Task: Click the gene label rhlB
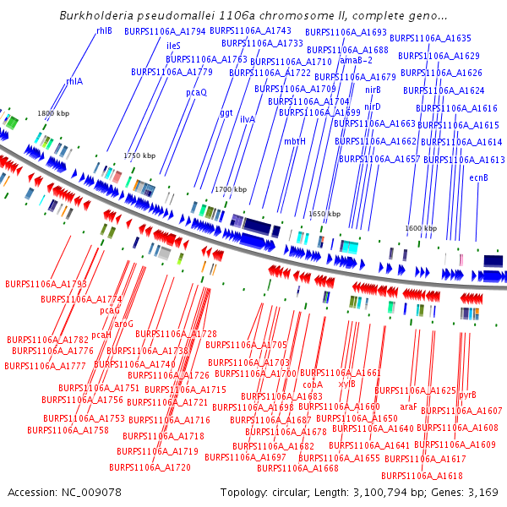pyautogui.click(x=104, y=30)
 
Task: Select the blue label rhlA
pyautogui.click(x=74, y=81)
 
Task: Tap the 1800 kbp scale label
pyautogui.click(x=52, y=113)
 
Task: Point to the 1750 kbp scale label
pyautogui.click(x=139, y=155)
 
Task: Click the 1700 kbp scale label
pyautogui.click(x=231, y=189)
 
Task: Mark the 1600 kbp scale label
pyautogui.click(x=421, y=228)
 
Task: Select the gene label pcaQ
pyautogui.click(x=196, y=92)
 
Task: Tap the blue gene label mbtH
pyautogui.click(x=294, y=141)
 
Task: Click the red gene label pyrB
pyautogui.click(x=467, y=395)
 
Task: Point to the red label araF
pyautogui.click(x=408, y=406)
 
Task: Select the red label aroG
pyautogui.click(x=123, y=323)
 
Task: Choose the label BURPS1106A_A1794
pyautogui.click(x=165, y=31)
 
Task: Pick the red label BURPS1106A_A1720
pyautogui.click(x=150, y=466)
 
